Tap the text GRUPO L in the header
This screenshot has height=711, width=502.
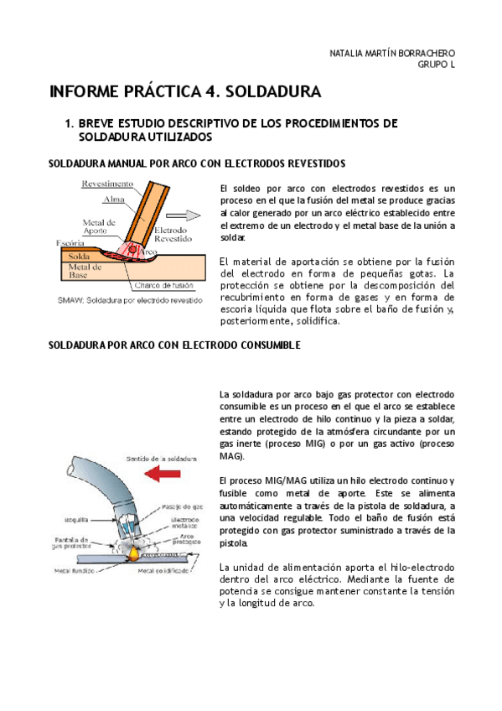pos(436,66)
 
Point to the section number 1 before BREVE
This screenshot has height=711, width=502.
pos(68,123)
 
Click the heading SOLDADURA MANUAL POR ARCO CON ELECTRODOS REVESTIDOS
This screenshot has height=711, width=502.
pos(197,163)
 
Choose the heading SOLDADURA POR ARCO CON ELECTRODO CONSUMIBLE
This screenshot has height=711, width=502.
pos(174,345)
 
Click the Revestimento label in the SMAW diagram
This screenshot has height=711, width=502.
pos(107,184)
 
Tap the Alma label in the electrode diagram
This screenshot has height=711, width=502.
pos(113,200)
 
